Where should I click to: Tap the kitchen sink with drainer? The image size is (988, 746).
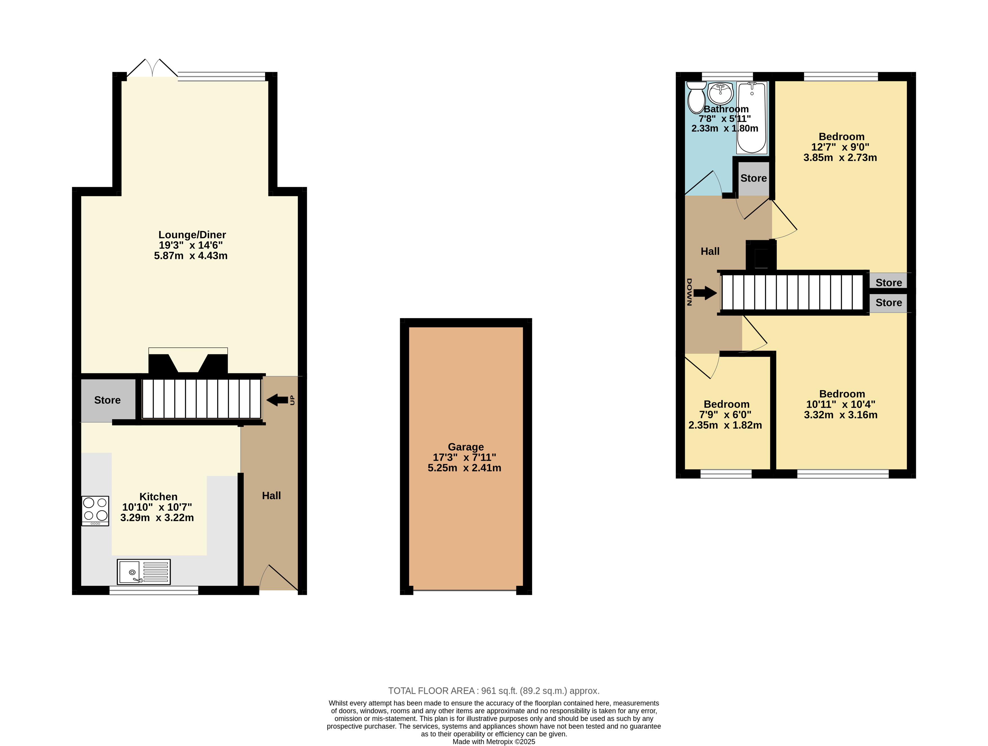pyautogui.click(x=143, y=572)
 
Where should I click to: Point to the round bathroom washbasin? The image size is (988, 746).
pyautogui.click(x=720, y=93)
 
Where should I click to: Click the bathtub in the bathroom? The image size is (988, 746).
pyautogui.click(x=751, y=118)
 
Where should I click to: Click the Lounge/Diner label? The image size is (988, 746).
pyautogui.click(x=192, y=235)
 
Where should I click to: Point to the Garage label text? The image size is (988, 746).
pyautogui.click(x=466, y=447)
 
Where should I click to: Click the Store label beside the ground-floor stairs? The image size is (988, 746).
pyautogui.click(x=107, y=400)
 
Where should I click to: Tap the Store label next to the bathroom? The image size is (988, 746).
pyautogui.click(x=754, y=178)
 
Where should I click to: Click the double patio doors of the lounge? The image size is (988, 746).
pyautogui.click(x=152, y=68)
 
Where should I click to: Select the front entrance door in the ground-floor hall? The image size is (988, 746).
pyautogui.click(x=279, y=577)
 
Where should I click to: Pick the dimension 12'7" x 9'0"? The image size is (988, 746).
pyautogui.click(x=840, y=147)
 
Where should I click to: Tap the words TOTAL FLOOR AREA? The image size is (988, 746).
pyautogui.click(x=431, y=690)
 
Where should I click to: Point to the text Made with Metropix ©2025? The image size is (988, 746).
pyautogui.click(x=494, y=741)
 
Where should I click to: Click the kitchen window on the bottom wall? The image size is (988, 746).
pyautogui.click(x=154, y=590)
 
